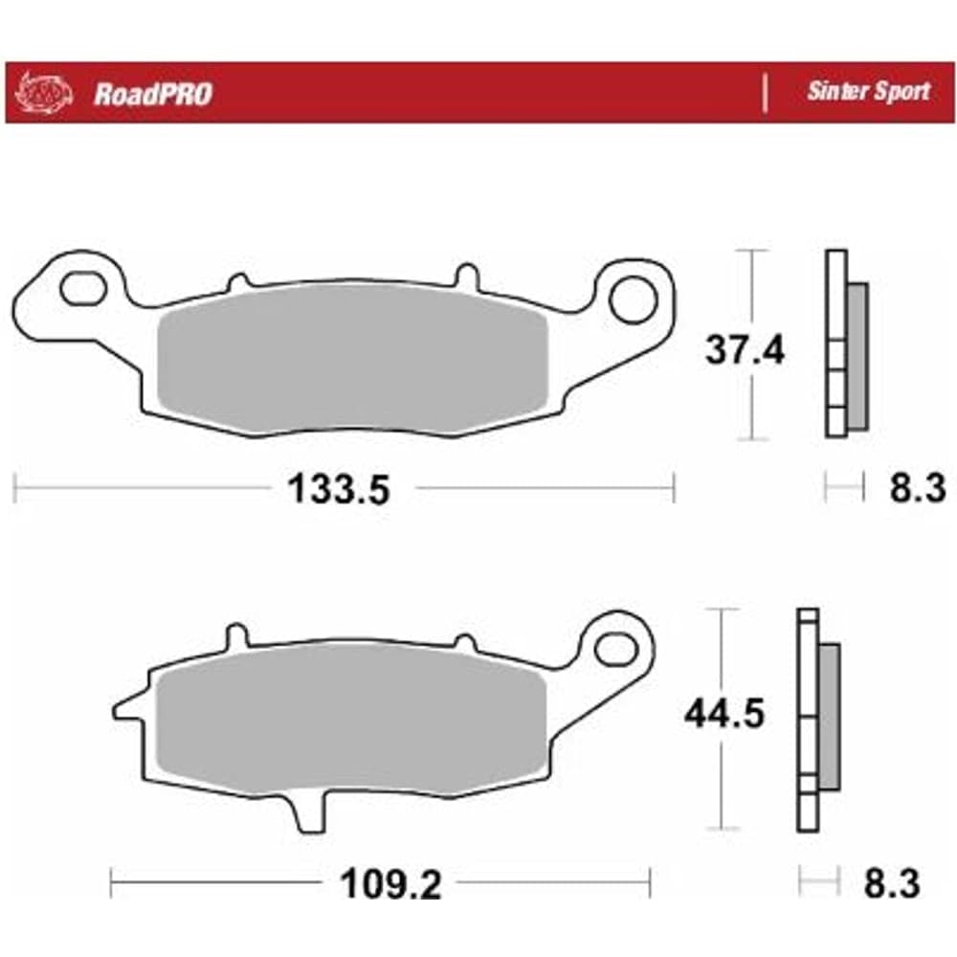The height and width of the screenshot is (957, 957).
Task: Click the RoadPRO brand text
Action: coord(153,94)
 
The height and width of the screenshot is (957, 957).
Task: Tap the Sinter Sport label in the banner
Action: coord(869,92)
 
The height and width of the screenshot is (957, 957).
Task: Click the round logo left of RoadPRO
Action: coord(44,94)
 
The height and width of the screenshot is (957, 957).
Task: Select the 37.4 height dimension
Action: coord(744,350)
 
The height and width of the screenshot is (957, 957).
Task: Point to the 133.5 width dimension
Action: coord(338,489)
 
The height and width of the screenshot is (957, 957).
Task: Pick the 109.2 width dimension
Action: coord(390,883)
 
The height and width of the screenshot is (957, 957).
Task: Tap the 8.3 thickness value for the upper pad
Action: coord(918,488)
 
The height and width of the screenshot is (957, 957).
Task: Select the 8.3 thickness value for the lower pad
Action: coord(892,883)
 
